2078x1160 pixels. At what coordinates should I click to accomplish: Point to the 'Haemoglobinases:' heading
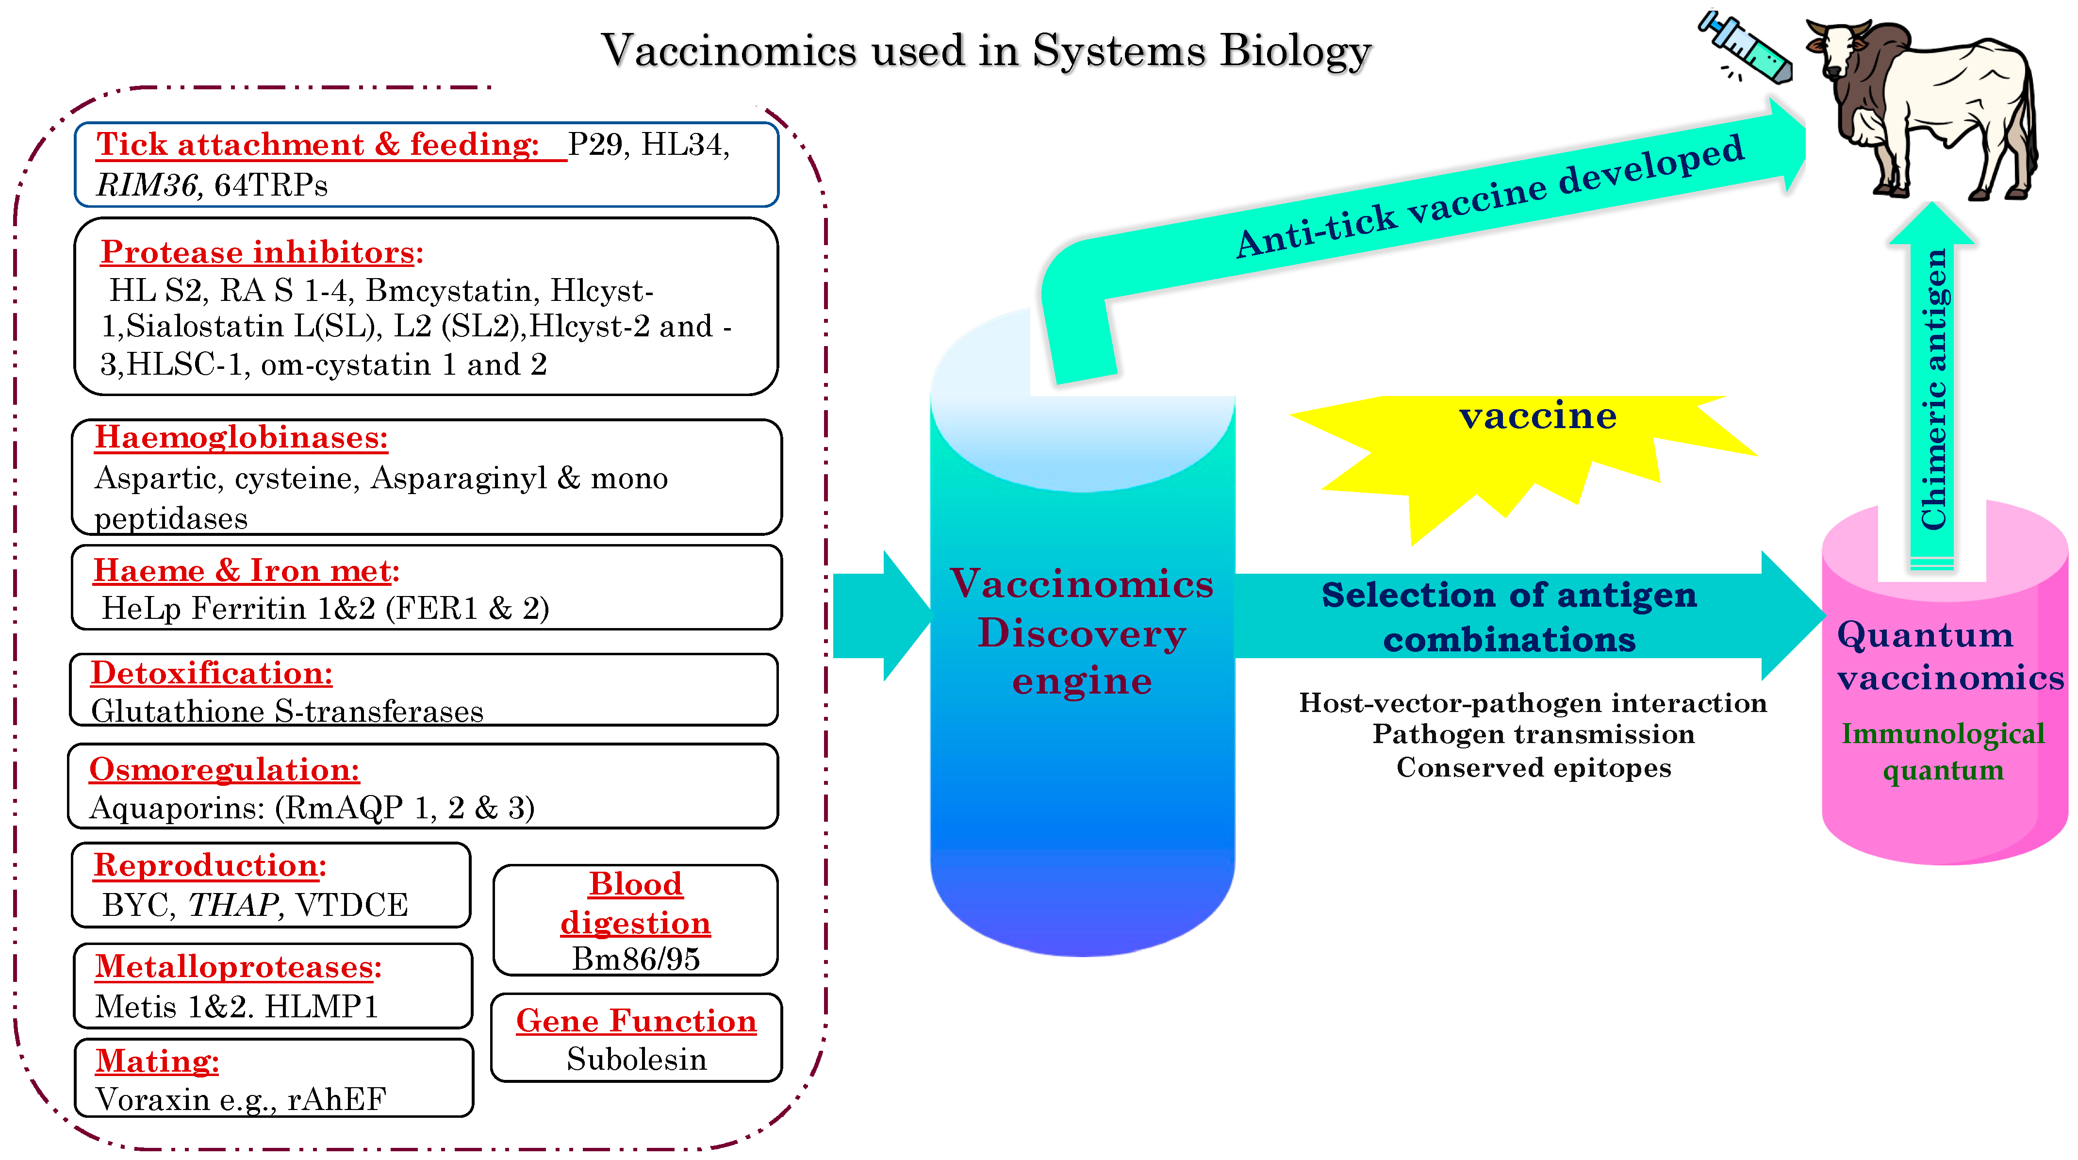[x=241, y=437]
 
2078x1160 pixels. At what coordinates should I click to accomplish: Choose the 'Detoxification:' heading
[x=212, y=673]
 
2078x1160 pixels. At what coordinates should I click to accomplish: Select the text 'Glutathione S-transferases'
[x=287, y=712]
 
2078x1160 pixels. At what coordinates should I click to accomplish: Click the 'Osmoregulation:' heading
[x=224, y=770]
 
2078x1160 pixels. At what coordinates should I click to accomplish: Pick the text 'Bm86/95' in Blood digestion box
[x=636, y=959]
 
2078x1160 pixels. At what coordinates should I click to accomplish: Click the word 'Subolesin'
[x=637, y=1059]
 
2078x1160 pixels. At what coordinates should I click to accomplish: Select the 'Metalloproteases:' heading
[x=238, y=966]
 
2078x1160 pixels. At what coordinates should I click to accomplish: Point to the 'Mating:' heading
[x=157, y=1061]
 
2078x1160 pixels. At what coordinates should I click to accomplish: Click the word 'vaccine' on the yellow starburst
[x=1537, y=416]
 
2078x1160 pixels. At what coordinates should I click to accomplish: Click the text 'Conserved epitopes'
[x=1534, y=767]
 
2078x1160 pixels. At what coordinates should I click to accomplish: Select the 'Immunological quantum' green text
[x=1943, y=751]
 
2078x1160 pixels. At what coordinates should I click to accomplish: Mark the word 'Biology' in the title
[x=1296, y=51]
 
